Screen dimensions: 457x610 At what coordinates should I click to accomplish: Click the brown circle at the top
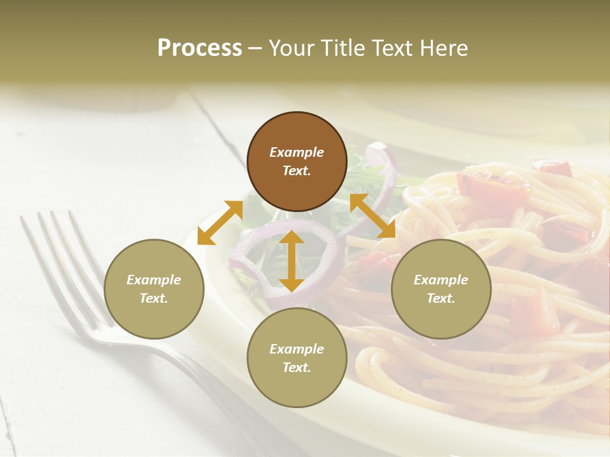point(297,161)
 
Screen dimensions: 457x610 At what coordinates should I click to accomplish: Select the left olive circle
point(154,289)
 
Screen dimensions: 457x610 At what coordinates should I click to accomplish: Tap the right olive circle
point(441,289)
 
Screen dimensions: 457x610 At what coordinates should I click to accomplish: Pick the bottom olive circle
point(297,358)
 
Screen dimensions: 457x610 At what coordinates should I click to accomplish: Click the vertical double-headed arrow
point(292,261)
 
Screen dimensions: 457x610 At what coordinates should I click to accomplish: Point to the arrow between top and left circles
point(220,223)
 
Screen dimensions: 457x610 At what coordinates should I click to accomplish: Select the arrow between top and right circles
point(372,216)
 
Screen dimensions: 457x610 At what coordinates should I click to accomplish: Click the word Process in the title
point(200,48)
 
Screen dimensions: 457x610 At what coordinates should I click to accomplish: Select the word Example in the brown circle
point(297,152)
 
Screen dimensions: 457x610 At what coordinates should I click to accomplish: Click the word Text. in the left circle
point(154,298)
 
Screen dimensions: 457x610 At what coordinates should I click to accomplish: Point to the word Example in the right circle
point(441,280)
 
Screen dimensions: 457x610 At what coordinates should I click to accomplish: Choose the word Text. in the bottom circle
point(297,368)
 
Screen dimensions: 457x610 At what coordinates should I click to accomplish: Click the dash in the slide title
point(255,48)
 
